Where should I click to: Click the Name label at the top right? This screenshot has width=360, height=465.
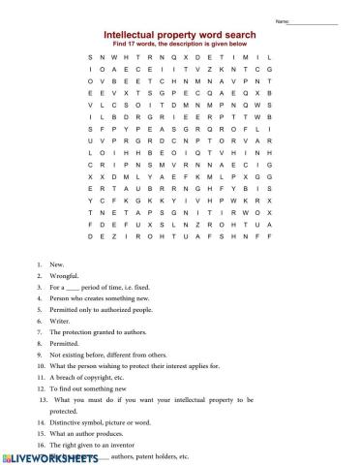tap(309, 21)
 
